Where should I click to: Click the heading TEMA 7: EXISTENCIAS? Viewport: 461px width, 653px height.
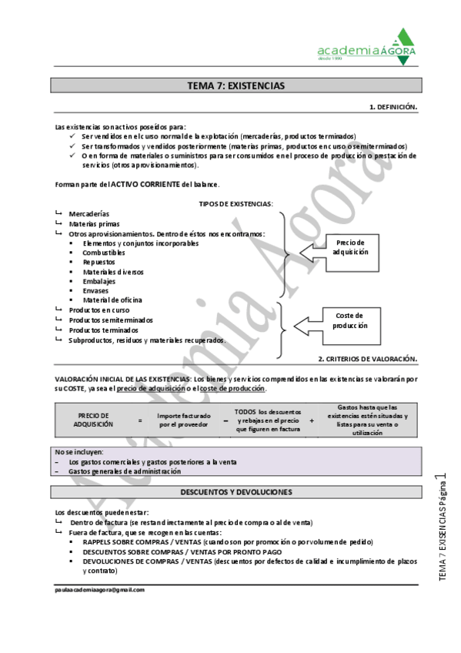click(236, 85)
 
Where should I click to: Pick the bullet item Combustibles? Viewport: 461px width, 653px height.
click(104, 253)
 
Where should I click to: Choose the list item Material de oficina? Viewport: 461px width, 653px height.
click(112, 300)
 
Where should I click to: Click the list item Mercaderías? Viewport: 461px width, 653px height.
click(89, 213)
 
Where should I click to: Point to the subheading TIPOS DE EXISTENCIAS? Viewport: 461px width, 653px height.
click(236, 203)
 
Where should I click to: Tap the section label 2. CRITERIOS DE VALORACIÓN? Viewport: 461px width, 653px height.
click(368, 359)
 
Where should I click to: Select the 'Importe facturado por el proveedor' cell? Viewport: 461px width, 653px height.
click(183, 420)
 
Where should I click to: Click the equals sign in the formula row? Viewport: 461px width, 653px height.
click(140, 420)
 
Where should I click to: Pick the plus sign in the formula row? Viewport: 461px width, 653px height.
click(312, 420)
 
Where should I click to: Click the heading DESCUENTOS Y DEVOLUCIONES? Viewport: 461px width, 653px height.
click(236, 491)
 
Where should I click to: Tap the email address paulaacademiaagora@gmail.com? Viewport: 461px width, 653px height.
click(100, 589)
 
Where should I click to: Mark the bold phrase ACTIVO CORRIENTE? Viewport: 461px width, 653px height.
click(145, 184)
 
